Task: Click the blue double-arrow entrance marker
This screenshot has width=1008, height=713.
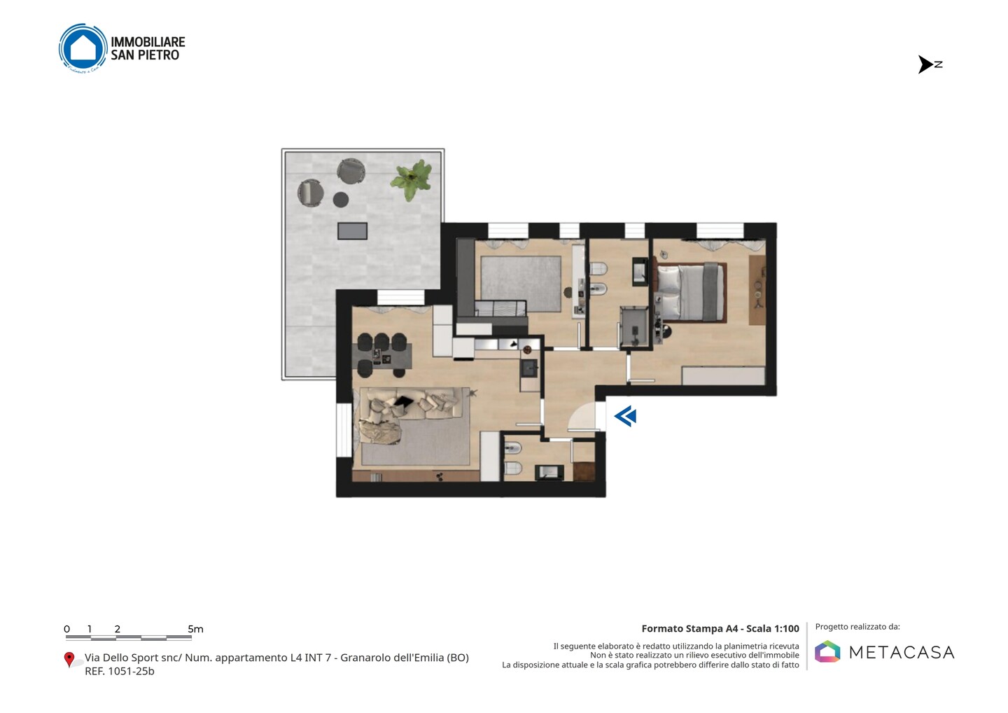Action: point(625,416)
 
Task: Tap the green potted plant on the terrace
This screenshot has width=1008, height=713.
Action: point(412,179)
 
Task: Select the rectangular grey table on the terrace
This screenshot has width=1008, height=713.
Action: point(352,231)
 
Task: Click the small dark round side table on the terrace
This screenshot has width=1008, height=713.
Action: point(341,199)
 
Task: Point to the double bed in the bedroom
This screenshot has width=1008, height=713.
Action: point(690,292)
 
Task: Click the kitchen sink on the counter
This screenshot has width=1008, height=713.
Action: point(530,368)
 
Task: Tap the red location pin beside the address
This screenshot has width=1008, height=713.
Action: point(69,660)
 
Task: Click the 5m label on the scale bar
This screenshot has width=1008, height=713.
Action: point(195,629)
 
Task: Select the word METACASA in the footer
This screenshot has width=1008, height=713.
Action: point(902,652)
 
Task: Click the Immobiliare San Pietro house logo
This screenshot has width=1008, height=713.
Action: point(83,48)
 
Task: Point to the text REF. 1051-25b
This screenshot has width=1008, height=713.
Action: point(119,671)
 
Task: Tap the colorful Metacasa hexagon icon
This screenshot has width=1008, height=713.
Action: point(827,651)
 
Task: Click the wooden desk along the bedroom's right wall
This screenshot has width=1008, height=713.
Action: point(757,290)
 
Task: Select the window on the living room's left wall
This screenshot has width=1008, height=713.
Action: point(344,430)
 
